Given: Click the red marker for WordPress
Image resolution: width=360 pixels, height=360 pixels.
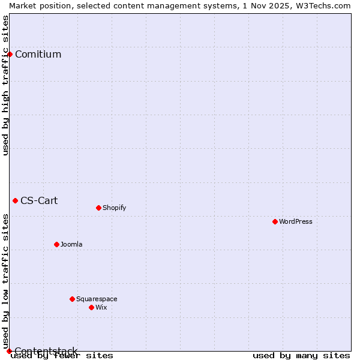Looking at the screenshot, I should [275, 221].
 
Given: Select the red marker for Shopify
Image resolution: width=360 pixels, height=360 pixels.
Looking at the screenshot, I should [98, 208].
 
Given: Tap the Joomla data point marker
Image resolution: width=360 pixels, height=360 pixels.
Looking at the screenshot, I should [56, 244].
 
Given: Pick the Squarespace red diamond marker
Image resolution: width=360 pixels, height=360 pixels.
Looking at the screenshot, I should [72, 299].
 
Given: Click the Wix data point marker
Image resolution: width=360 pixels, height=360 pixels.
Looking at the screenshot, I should [91, 307].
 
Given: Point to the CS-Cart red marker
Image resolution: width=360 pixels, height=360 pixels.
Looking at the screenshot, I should [15, 200].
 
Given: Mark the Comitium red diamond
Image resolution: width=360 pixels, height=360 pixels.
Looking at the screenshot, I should [10, 54].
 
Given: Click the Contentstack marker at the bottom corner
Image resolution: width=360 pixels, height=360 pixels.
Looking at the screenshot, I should [9, 351].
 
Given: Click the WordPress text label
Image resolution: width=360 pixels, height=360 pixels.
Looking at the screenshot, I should [296, 221].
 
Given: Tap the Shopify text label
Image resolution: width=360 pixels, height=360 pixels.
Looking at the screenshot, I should [114, 208].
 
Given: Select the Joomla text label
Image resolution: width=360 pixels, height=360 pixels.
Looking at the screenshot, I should [71, 244].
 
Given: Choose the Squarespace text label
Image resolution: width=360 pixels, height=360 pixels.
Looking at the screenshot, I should [97, 299].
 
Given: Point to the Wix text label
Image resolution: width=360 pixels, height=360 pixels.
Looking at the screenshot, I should [101, 307].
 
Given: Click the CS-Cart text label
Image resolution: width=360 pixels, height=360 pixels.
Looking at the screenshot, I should [39, 200].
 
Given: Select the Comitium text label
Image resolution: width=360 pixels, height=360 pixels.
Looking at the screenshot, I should [38, 54].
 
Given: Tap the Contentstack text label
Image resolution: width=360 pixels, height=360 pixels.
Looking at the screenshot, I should [46, 351].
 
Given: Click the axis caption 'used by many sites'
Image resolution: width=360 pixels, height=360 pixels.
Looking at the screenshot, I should [301, 355].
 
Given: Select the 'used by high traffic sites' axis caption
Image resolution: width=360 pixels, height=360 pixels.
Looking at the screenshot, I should [5, 85].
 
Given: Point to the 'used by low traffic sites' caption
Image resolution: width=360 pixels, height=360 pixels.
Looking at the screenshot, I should [5, 281].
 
